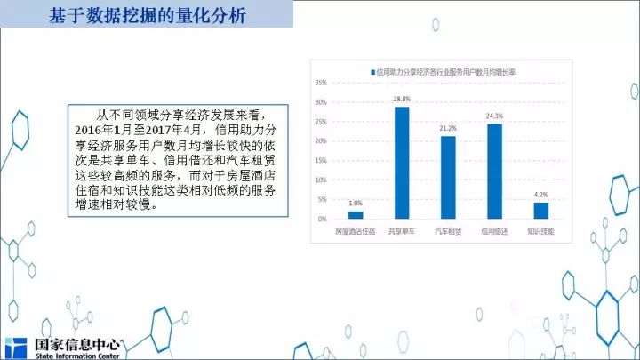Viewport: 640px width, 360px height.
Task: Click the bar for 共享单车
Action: pyautogui.click(x=402, y=163)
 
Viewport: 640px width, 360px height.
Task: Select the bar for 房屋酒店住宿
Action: pyautogui.click(x=356, y=215)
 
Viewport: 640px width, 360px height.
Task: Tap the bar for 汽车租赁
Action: pyautogui.click(x=448, y=178)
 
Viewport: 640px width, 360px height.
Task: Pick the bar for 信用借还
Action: pyautogui.click(x=495, y=172)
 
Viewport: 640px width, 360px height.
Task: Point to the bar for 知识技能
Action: pyautogui.click(x=541, y=211)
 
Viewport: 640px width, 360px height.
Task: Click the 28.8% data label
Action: pyautogui.click(x=402, y=100)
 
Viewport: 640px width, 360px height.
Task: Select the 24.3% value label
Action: pyautogui.click(x=494, y=116)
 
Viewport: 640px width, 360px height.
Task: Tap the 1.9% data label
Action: pyautogui.click(x=356, y=204)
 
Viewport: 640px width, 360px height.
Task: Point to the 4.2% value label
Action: pyautogui.click(x=541, y=195)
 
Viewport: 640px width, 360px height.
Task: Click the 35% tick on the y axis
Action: pyautogui.click(x=321, y=83)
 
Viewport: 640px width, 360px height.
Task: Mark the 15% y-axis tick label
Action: pyautogui.click(x=321, y=160)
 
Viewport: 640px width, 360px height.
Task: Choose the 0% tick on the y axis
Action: pyautogui.click(x=323, y=220)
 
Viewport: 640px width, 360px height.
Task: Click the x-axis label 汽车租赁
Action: pyautogui.click(x=448, y=231)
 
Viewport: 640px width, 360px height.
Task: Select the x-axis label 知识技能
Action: pyautogui.click(x=540, y=231)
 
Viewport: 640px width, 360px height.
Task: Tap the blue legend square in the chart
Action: pyautogui.click(x=372, y=72)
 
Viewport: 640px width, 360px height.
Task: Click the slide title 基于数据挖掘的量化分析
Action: pyautogui.click(x=148, y=15)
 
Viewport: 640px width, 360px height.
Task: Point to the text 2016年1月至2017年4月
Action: pyautogui.click(x=138, y=130)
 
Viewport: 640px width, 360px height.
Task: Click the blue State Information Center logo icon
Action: pyautogui.click(x=16, y=348)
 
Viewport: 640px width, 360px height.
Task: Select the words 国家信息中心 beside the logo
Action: pyautogui.click(x=77, y=345)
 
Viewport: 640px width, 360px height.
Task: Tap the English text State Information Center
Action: pyautogui.click(x=77, y=356)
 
